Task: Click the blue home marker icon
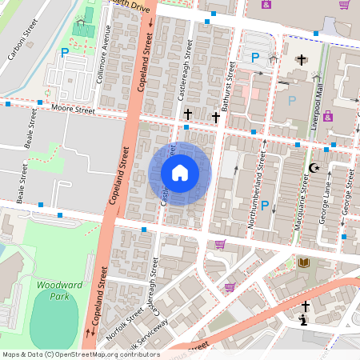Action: coord(180,173)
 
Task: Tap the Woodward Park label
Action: coord(55,289)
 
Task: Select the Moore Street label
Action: coord(73,107)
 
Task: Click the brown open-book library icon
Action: coord(303,262)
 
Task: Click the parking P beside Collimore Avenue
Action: coord(64,53)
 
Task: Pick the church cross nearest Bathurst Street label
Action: coord(215,117)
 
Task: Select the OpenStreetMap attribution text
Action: coord(80,354)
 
